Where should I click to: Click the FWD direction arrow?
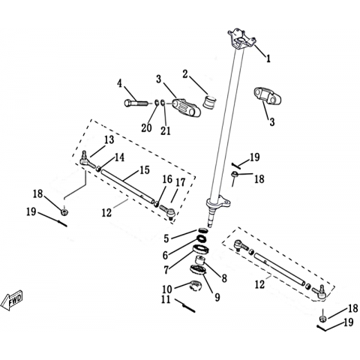(12, 300)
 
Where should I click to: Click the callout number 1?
(268, 58)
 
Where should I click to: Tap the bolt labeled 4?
(136, 103)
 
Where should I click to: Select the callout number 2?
(184, 74)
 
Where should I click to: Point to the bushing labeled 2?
(209, 102)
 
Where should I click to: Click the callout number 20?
(146, 128)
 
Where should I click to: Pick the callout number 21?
(165, 130)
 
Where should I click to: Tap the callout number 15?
(145, 170)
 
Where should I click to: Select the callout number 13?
(109, 140)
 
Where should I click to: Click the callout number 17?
(181, 183)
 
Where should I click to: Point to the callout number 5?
(166, 238)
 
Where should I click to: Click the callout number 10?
(167, 289)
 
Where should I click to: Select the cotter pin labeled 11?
(185, 306)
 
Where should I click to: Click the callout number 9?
(217, 297)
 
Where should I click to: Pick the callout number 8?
(224, 278)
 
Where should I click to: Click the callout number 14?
(119, 157)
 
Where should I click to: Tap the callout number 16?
(167, 179)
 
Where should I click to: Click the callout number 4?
(120, 84)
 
